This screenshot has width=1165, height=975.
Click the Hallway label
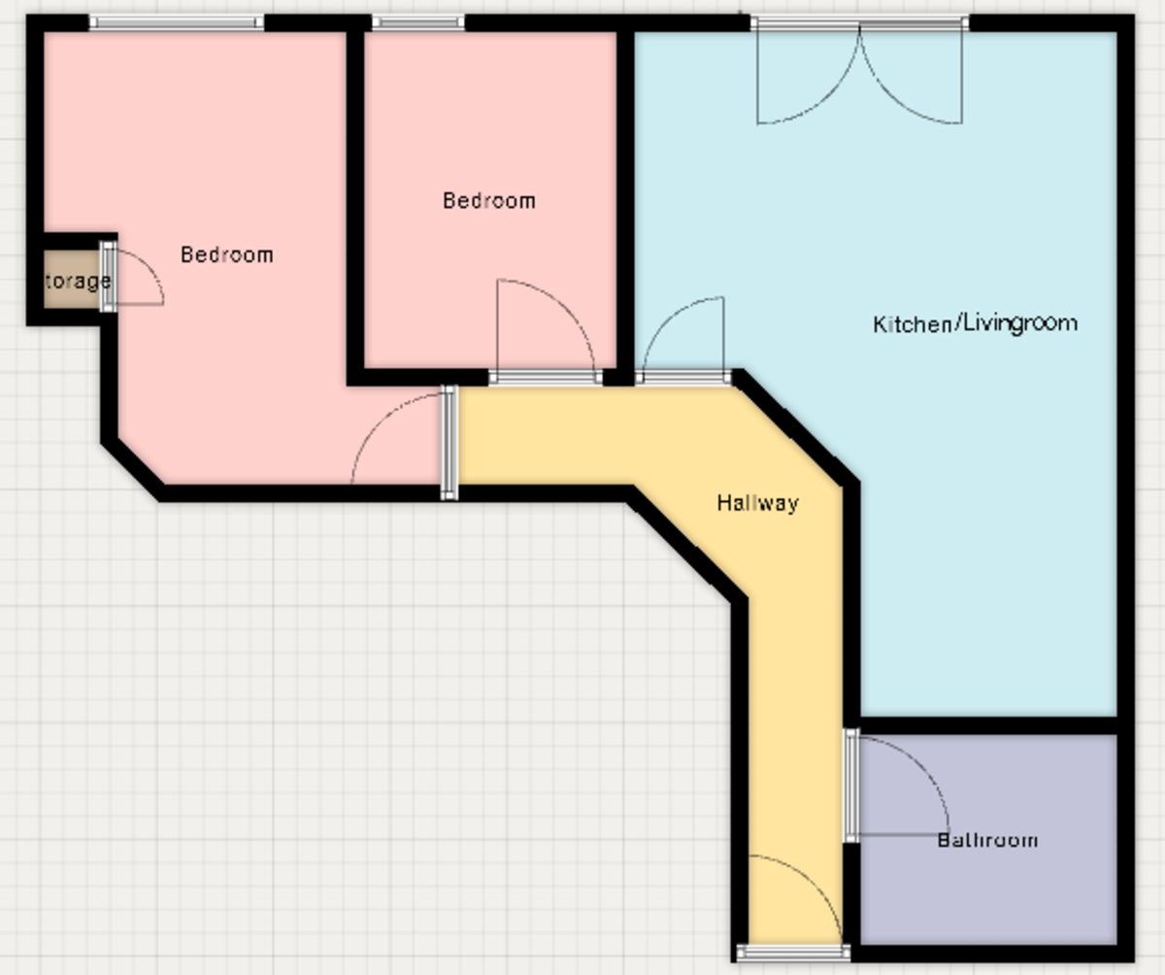coord(757,503)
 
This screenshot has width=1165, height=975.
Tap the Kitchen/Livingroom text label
coord(975,323)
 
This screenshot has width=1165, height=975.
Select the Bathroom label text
coord(987,840)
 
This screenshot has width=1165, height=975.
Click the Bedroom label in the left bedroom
coord(227,254)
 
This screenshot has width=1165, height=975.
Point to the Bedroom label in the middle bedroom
coord(488,201)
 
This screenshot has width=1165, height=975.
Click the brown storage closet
coord(71,282)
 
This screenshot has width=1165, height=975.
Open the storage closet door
coord(109,277)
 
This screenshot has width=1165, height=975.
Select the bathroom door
coord(851,785)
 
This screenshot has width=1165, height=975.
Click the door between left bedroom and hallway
coord(449,442)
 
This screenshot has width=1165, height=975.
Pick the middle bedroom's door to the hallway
coord(543,378)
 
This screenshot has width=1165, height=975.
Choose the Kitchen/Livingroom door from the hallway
coord(682,378)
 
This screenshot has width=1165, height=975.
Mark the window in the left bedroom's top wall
coord(177,23)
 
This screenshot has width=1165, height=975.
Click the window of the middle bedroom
coord(418,23)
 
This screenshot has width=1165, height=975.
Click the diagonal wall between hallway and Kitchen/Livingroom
coord(796,427)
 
